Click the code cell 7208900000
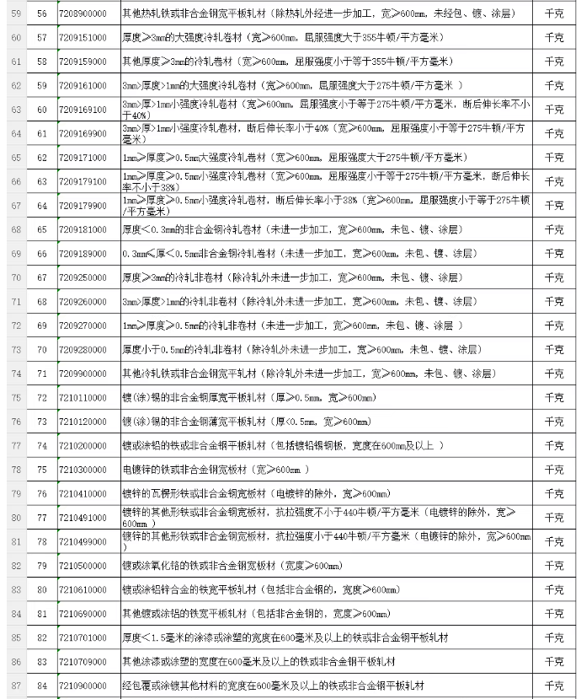click(83, 14)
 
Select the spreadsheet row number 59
click(16, 14)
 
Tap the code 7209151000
click(83, 39)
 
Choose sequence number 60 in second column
click(42, 110)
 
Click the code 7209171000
click(83, 158)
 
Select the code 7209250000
click(83, 277)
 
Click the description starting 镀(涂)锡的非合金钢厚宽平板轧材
click(248, 397)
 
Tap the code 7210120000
click(83, 422)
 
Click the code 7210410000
click(83, 493)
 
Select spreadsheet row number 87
click(16, 686)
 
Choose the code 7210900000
click(83, 686)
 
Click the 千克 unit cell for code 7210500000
click(554, 566)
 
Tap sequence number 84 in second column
click(42, 686)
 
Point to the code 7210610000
click(83, 589)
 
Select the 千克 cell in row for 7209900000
click(554, 374)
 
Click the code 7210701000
click(83, 637)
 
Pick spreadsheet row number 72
click(16, 325)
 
